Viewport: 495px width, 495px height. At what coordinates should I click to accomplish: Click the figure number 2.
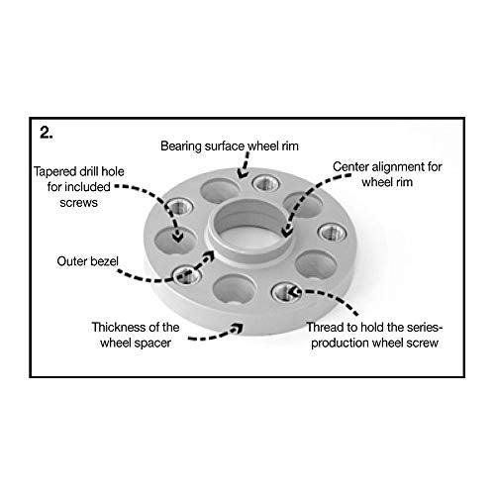[x=47, y=133]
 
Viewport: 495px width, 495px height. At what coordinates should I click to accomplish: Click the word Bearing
[x=181, y=147]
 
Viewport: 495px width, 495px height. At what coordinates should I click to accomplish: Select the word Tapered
[x=54, y=172]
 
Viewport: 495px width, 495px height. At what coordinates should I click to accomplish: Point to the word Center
[x=350, y=166]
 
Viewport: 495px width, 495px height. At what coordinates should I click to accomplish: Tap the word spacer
[x=152, y=344]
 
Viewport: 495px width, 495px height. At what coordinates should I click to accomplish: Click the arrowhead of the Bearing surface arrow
[x=244, y=172]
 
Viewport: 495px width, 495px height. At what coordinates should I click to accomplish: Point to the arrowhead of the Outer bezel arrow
[x=210, y=255]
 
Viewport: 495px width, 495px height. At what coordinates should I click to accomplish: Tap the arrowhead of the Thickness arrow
[x=238, y=329]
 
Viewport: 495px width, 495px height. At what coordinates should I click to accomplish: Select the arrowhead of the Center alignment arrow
[x=287, y=232]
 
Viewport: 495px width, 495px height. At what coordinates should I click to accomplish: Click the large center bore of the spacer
[x=248, y=230]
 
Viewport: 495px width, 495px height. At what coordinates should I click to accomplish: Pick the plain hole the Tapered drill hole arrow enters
[x=176, y=240]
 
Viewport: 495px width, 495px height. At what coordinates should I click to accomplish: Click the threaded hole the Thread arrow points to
[x=286, y=292]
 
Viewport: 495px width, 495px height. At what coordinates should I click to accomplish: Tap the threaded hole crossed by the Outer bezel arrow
[x=187, y=275]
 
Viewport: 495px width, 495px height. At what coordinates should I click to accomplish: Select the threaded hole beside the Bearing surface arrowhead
[x=266, y=183]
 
